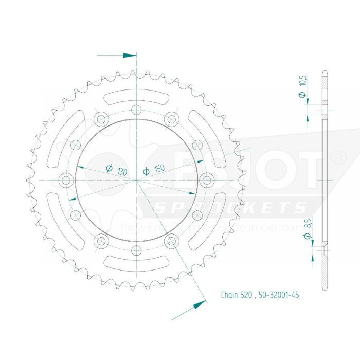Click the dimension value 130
pos(122,170)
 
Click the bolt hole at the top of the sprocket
pos(136,109)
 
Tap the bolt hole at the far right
pos(207,180)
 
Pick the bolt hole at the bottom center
pos(136,250)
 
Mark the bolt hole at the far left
pos(65,180)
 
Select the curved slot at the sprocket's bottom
pos(136,264)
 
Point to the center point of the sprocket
pos(136,180)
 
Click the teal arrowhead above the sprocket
pos(130,55)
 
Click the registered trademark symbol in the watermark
pos(338,158)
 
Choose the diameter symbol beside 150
pos(146,171)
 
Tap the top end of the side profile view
pos(325,72)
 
